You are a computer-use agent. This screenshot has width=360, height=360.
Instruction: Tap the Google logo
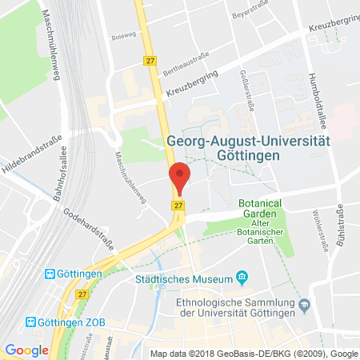point(26,350)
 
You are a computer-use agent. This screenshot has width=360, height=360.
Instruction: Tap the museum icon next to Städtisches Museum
point(241,278)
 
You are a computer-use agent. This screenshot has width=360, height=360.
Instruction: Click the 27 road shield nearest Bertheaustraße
point(149,60)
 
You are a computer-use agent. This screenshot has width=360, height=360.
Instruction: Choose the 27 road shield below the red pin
point(175,206)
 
